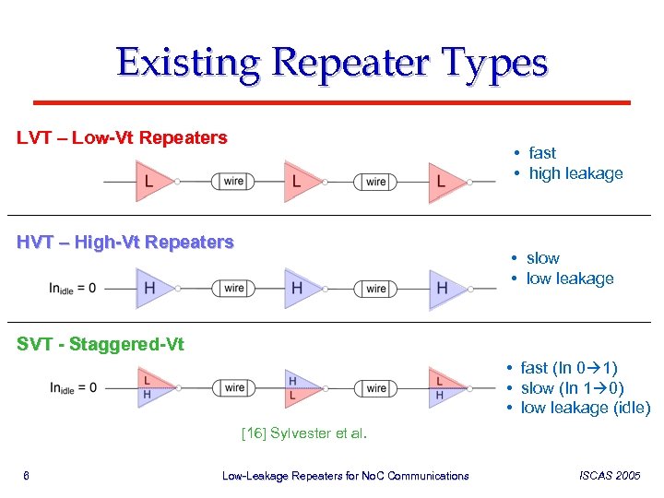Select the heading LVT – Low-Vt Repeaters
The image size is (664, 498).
pyautogui.click(x=122, y=138)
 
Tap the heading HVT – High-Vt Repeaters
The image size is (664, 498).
pyautogui.click(x=125, y=243)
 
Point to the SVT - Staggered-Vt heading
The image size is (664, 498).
pyautogui.click(x=101, y=345)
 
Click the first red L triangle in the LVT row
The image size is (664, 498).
pyautogui.click(x=150, y=182)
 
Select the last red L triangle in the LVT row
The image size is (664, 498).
pyautogui.click(x=443, y=182)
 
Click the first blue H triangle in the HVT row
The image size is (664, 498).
pyautogui.click(x=150, y=288)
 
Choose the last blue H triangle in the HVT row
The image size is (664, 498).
pyautogui.click(x=443, y=288)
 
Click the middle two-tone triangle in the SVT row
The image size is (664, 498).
pyautogui.click(x=295, y=388)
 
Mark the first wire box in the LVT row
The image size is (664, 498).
pyautogui.click(x=233, y=182)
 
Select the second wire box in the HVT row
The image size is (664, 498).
pyautogui.click(x=376, y=289)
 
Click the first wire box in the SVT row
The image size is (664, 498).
pyautogui.click(x=234, y=388)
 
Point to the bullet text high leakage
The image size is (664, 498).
pyautogui.click(x=575, y=173)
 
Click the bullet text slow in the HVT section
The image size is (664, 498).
pyautogui.click(x=542, y=258)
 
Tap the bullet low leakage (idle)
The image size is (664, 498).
pyautogui.click(x=585, y=408)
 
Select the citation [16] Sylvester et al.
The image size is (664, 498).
pyautogui.click(x=303, y=432)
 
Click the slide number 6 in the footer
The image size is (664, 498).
pyautogui.click(x=27, y=476)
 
